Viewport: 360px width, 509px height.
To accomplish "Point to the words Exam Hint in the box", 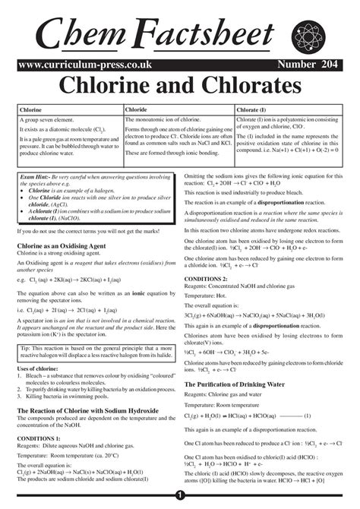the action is [x=37, y=176].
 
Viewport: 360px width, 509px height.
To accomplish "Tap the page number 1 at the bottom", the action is [x=180, y=495].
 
